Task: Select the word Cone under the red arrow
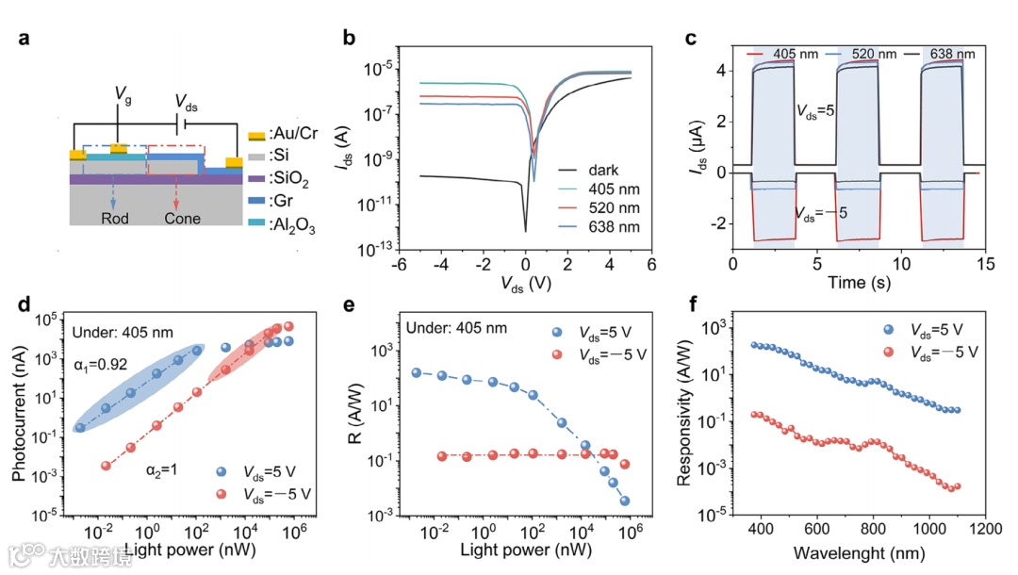coord(182,218)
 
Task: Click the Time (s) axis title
coord(856,281)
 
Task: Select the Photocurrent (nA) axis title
coord(20,418)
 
